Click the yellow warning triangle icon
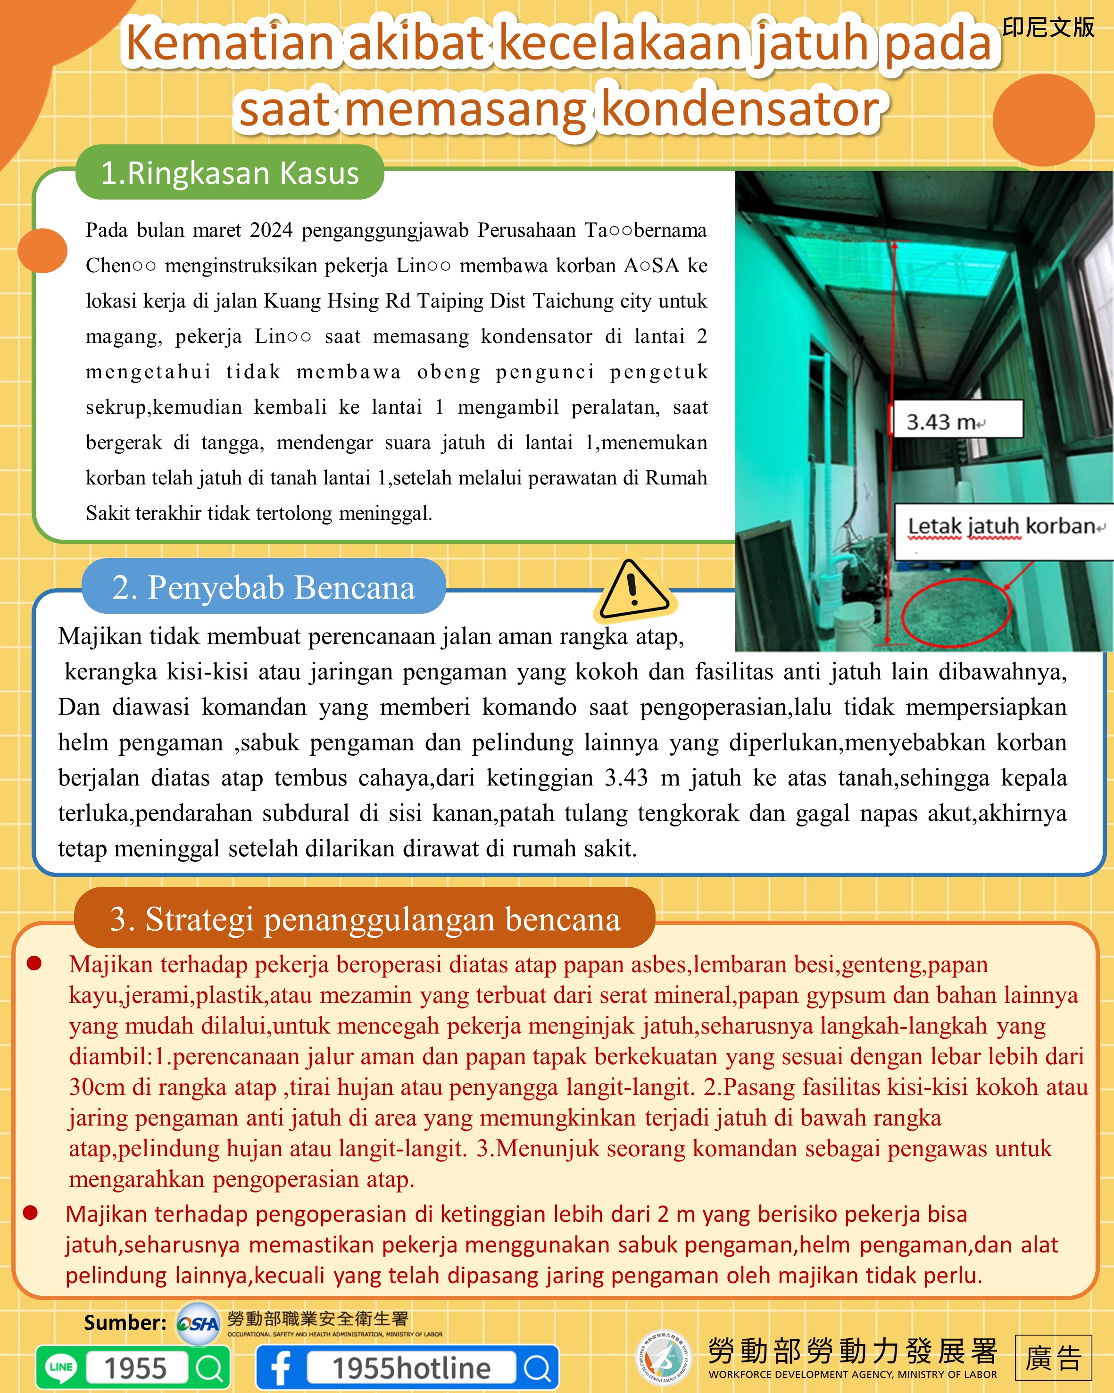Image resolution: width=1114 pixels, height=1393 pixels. [x=633, y=589]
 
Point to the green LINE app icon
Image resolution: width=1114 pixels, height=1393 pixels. [x=61, y=1367]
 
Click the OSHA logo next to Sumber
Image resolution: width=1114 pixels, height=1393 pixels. [x=198, y=1323]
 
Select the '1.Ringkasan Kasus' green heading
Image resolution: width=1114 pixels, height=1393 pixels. [x=230, y=173]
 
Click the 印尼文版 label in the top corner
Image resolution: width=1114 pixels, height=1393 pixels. [x=1047, y=28]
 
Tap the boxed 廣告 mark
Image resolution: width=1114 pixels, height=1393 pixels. [x=1053, y=1358]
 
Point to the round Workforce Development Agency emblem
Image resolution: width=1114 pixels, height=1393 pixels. [x=663, y=1358]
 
